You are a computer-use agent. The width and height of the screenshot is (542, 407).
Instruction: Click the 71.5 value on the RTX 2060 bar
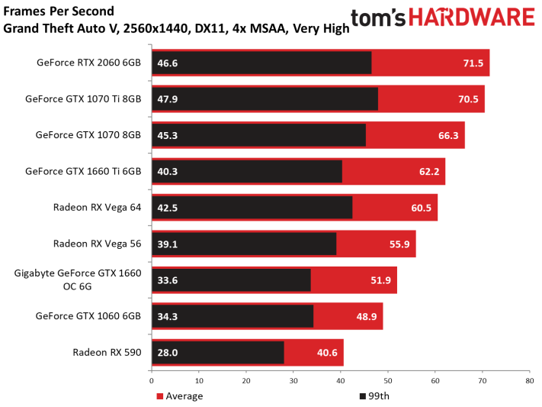(x=473, y=63)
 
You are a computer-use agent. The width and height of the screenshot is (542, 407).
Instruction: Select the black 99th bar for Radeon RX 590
(x=218, y=353)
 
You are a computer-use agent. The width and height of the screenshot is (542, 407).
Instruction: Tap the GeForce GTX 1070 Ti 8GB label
(x=83, y=99)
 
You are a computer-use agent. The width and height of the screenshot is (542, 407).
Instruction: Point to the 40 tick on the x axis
(x=341, y=381)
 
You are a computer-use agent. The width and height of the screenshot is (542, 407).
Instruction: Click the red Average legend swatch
(x=159, y=396)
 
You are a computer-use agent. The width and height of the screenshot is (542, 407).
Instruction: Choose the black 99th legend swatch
(x=363, y=396)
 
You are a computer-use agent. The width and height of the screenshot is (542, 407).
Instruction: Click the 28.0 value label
(x=167, y=353)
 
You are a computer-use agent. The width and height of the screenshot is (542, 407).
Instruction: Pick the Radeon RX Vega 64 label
(x=97, y=207)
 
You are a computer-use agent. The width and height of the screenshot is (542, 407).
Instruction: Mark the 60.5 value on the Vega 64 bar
(x=421, y=208)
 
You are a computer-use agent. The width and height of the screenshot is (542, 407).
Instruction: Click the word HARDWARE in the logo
(x=472, y=18)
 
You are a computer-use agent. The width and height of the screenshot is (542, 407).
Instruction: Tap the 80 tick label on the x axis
(x=530, y=381)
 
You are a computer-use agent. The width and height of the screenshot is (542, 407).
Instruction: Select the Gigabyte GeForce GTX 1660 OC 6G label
(x=78, y=280)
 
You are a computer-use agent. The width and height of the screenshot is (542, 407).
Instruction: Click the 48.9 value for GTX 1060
(x=367, y=316)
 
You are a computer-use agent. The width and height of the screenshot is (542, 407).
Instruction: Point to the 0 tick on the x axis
(x=152, y=381)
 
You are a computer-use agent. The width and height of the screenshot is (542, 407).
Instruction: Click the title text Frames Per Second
(x=59, y=11)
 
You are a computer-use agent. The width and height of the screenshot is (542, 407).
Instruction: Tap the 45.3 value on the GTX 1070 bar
(x=167, y=135)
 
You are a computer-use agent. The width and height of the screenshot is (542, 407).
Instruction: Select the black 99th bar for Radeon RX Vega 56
(x=244, y=244)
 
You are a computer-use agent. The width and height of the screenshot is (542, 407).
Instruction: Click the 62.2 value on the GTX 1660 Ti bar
(x=429, y=172)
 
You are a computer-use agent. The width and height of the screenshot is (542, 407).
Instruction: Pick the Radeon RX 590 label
(x=107, y=352)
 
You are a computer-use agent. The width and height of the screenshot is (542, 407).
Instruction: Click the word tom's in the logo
(x=378, y=18)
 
